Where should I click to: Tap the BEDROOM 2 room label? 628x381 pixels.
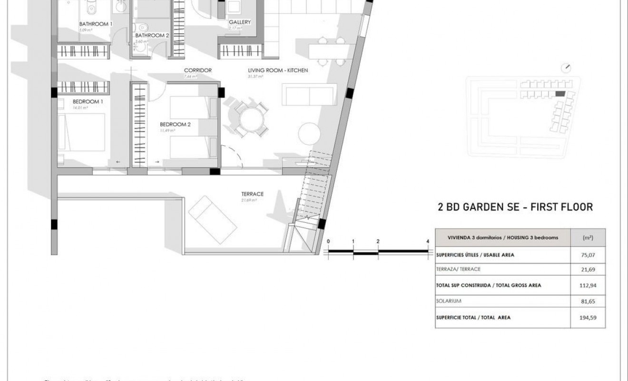175,125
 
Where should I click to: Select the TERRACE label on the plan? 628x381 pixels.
252,194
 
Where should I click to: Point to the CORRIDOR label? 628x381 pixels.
198,70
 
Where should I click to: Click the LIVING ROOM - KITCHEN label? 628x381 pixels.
278,70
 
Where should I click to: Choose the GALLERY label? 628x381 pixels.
239,22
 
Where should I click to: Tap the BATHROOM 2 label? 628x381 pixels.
152,35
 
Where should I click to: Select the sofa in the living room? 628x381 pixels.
310,94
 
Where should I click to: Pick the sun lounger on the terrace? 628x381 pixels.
213,220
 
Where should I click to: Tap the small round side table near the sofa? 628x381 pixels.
310,133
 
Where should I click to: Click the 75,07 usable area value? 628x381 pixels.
588,255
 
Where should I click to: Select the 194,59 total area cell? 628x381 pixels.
588,318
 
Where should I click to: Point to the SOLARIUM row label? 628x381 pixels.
449,301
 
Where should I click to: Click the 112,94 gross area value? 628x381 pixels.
588,286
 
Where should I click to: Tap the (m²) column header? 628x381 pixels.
588,237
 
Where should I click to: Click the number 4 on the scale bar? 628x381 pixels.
428,241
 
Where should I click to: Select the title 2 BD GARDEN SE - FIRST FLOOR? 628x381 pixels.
515,207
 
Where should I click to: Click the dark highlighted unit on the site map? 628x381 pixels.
560,94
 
